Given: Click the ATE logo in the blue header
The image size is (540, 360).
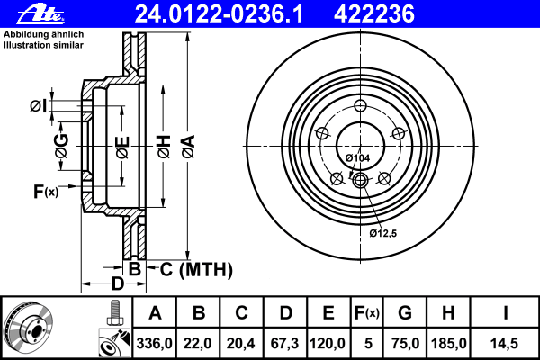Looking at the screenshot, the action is pyautogui.click(x=40, y=14).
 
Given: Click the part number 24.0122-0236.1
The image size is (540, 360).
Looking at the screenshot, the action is pyautogui.click(x=219, y=14).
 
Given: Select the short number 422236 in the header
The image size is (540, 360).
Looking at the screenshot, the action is pyautogui.click(x=374, y=14).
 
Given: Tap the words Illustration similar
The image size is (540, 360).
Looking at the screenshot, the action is pyautogui.click(x=43, y=45).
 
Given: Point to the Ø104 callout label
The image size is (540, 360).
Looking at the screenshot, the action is pyautogui.click(x=357, y=158).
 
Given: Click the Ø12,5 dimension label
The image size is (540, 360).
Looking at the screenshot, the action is pyautogui.click(x=383, y=234).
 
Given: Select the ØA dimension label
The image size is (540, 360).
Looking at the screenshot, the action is pyautogui.click(x=189, y=147).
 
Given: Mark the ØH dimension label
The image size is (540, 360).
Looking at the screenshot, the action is pyautogui.click(x=164, y=147).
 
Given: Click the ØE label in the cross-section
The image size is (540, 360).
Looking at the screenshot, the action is pyautogui.click(x=122, y=148).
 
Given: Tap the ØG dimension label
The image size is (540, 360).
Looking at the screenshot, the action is pyautogui.click(x=61, y=146).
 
